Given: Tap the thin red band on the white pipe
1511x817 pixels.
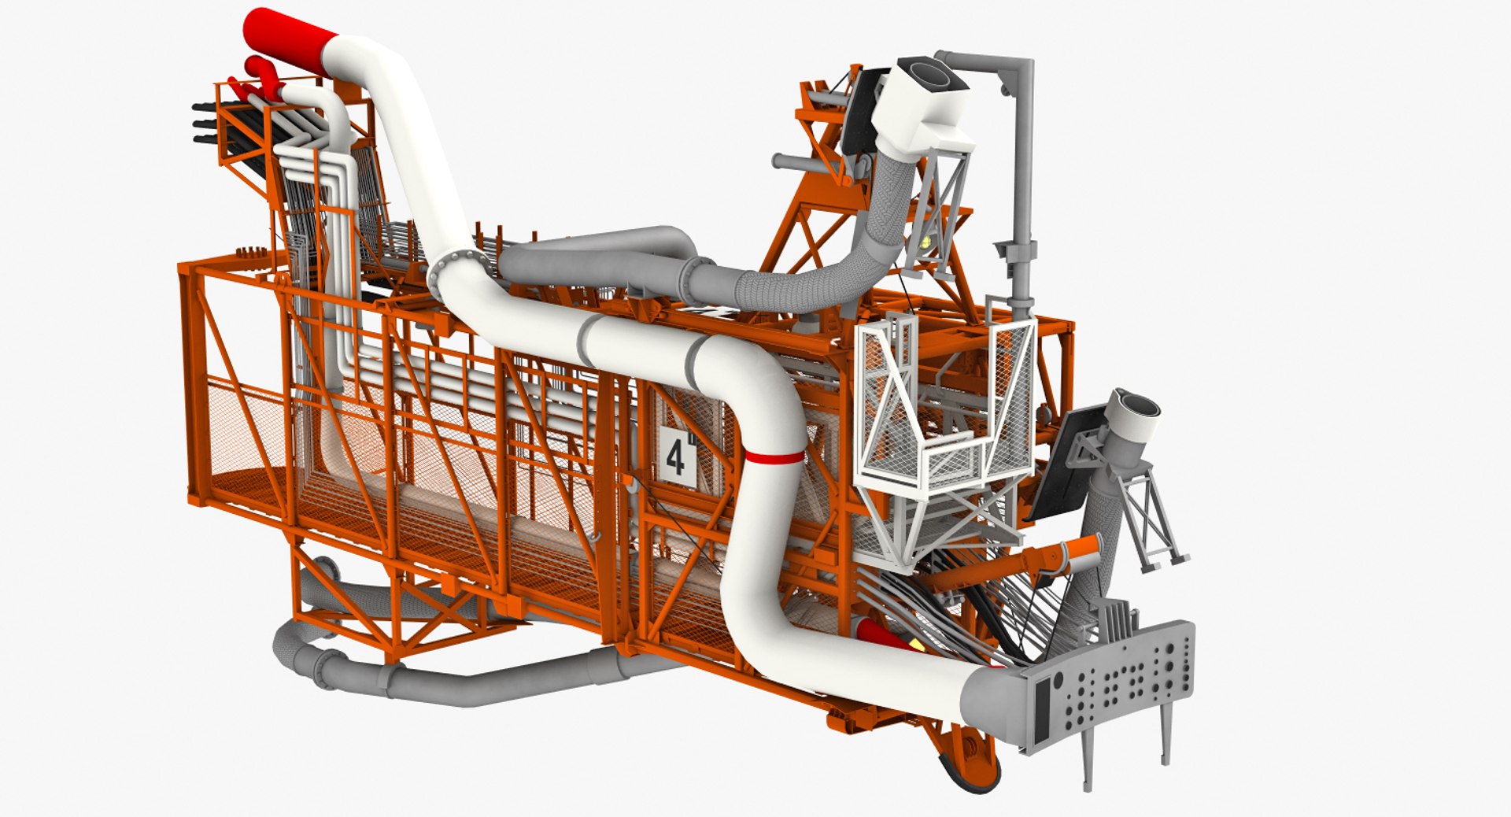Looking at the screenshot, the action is click(775, 456).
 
